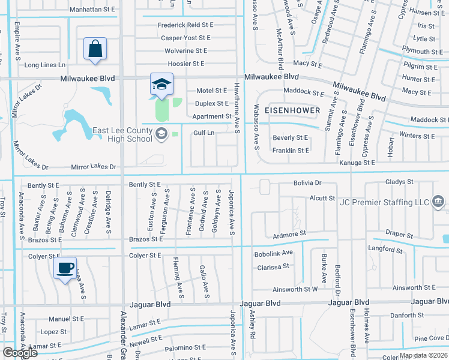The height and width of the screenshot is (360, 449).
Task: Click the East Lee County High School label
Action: point(122,134)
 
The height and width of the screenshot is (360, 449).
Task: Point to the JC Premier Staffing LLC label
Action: point(385,202)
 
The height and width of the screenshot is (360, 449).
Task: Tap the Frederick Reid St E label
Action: point(185,25)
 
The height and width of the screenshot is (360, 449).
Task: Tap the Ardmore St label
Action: point(290,232)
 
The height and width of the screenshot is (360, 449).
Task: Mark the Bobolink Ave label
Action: point(274,253)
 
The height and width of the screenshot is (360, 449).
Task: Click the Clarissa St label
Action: point(273,265)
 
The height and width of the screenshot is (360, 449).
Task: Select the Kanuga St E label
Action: point(357,163)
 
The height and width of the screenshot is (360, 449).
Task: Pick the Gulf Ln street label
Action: point(204,133)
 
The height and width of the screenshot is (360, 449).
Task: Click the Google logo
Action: point(20,353)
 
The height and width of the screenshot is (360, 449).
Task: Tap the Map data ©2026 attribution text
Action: point(424,355)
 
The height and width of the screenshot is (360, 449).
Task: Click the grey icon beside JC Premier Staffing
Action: point(439,200)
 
